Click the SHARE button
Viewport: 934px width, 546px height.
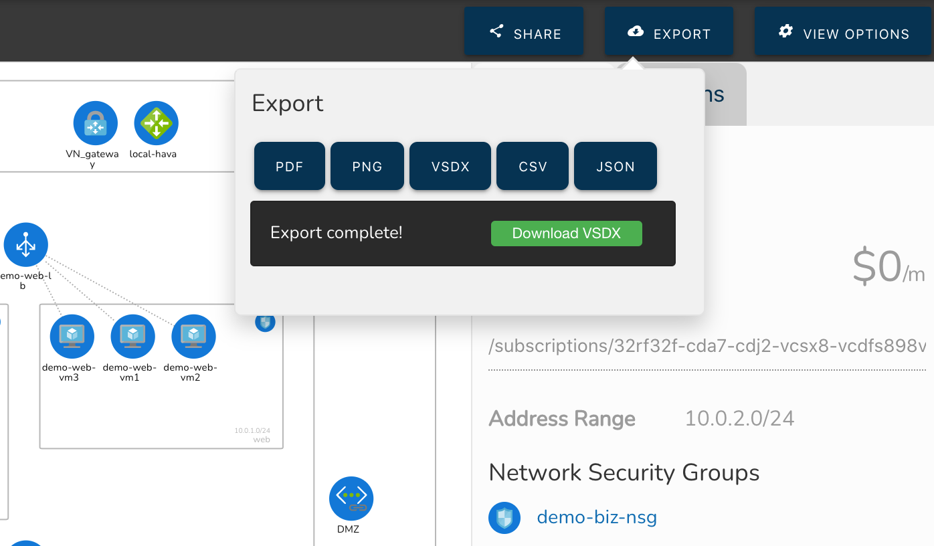pyautogui.click(x=524, y=31)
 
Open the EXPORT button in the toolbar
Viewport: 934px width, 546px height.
pyautogui.click(x=668, y=31)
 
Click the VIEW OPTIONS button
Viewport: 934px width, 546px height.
pyautogui.click(x=843, y=31)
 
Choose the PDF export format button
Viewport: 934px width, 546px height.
pyautogui.click(x=289, y=166)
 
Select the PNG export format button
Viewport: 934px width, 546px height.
pyautogui.click(x=367, y=166)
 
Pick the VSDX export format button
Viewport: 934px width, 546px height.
pyautogui.click(x=450, y=166)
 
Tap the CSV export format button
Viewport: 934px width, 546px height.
pyautogui.click(x=532, y=166)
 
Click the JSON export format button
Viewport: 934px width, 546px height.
pyautogui.click(x=615, y=166)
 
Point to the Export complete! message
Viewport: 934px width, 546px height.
pyautogui.click(x=336, y=233)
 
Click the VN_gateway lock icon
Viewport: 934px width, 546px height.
pyautogui.click(x=95, y=123)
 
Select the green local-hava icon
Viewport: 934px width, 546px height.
pyautogui.click(x=156, y=123)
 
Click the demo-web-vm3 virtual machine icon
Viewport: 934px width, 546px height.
pyautogui.click(x=72, y=337)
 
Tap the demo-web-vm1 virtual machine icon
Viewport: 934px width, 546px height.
pyautogui.click(x=132, y=337)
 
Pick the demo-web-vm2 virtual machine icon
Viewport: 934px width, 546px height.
pyautogui.click(x=193, y=337)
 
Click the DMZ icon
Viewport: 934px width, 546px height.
pyautogui.click(x=351, y=498)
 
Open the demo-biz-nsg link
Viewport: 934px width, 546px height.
pyautogui.click(x=596, y=517)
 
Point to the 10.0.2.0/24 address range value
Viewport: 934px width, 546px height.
pyautogui.click(x=739, y=419)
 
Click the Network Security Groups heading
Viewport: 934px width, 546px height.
pyautogui.click(x=624, y=472)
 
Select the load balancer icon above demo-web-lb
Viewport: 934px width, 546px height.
pyautogui.click(x=26, y=245)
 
